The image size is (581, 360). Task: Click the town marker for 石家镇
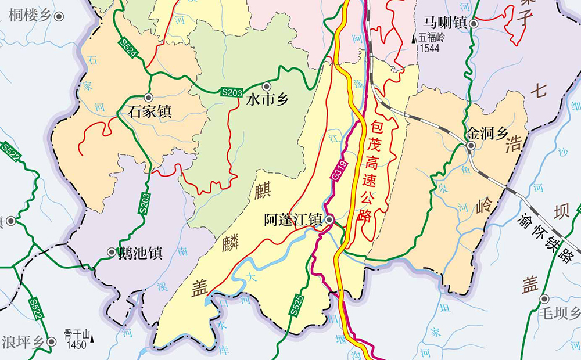point(148,98)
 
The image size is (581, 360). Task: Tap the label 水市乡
point(268,100)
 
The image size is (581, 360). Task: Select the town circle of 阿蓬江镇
point(329,220)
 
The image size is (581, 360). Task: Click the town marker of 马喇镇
point(474,24)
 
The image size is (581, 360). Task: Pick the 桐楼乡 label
point(31,16)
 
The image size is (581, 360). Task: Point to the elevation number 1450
point(76,345)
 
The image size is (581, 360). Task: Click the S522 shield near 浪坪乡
point(36,309)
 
